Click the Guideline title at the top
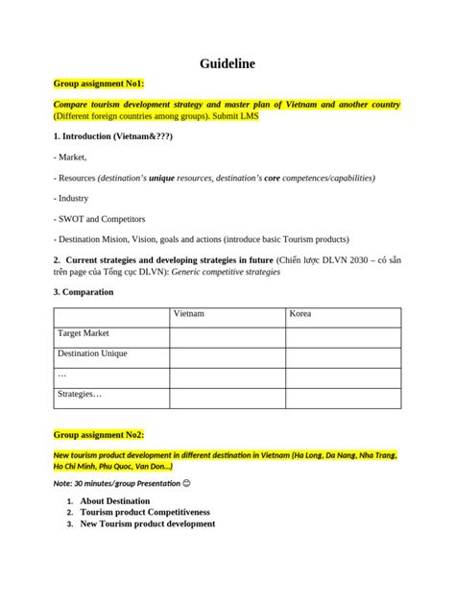[x=227, y=63]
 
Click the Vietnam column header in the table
[x=188, y=314]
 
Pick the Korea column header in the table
[x=299, y=314]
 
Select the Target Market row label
[x=84, y=333]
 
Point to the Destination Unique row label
[x=92, y=353]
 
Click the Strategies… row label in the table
[x=80, y=394]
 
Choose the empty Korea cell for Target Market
[x=343, y=334]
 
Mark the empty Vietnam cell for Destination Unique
[x=227, y=354]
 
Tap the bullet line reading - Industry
[x=72, y=198]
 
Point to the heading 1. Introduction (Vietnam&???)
[x=113, y=136]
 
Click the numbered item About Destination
[x=114, y=500]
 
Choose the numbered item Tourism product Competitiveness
[x=145, y=512]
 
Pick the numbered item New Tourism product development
[x=147, y=523]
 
